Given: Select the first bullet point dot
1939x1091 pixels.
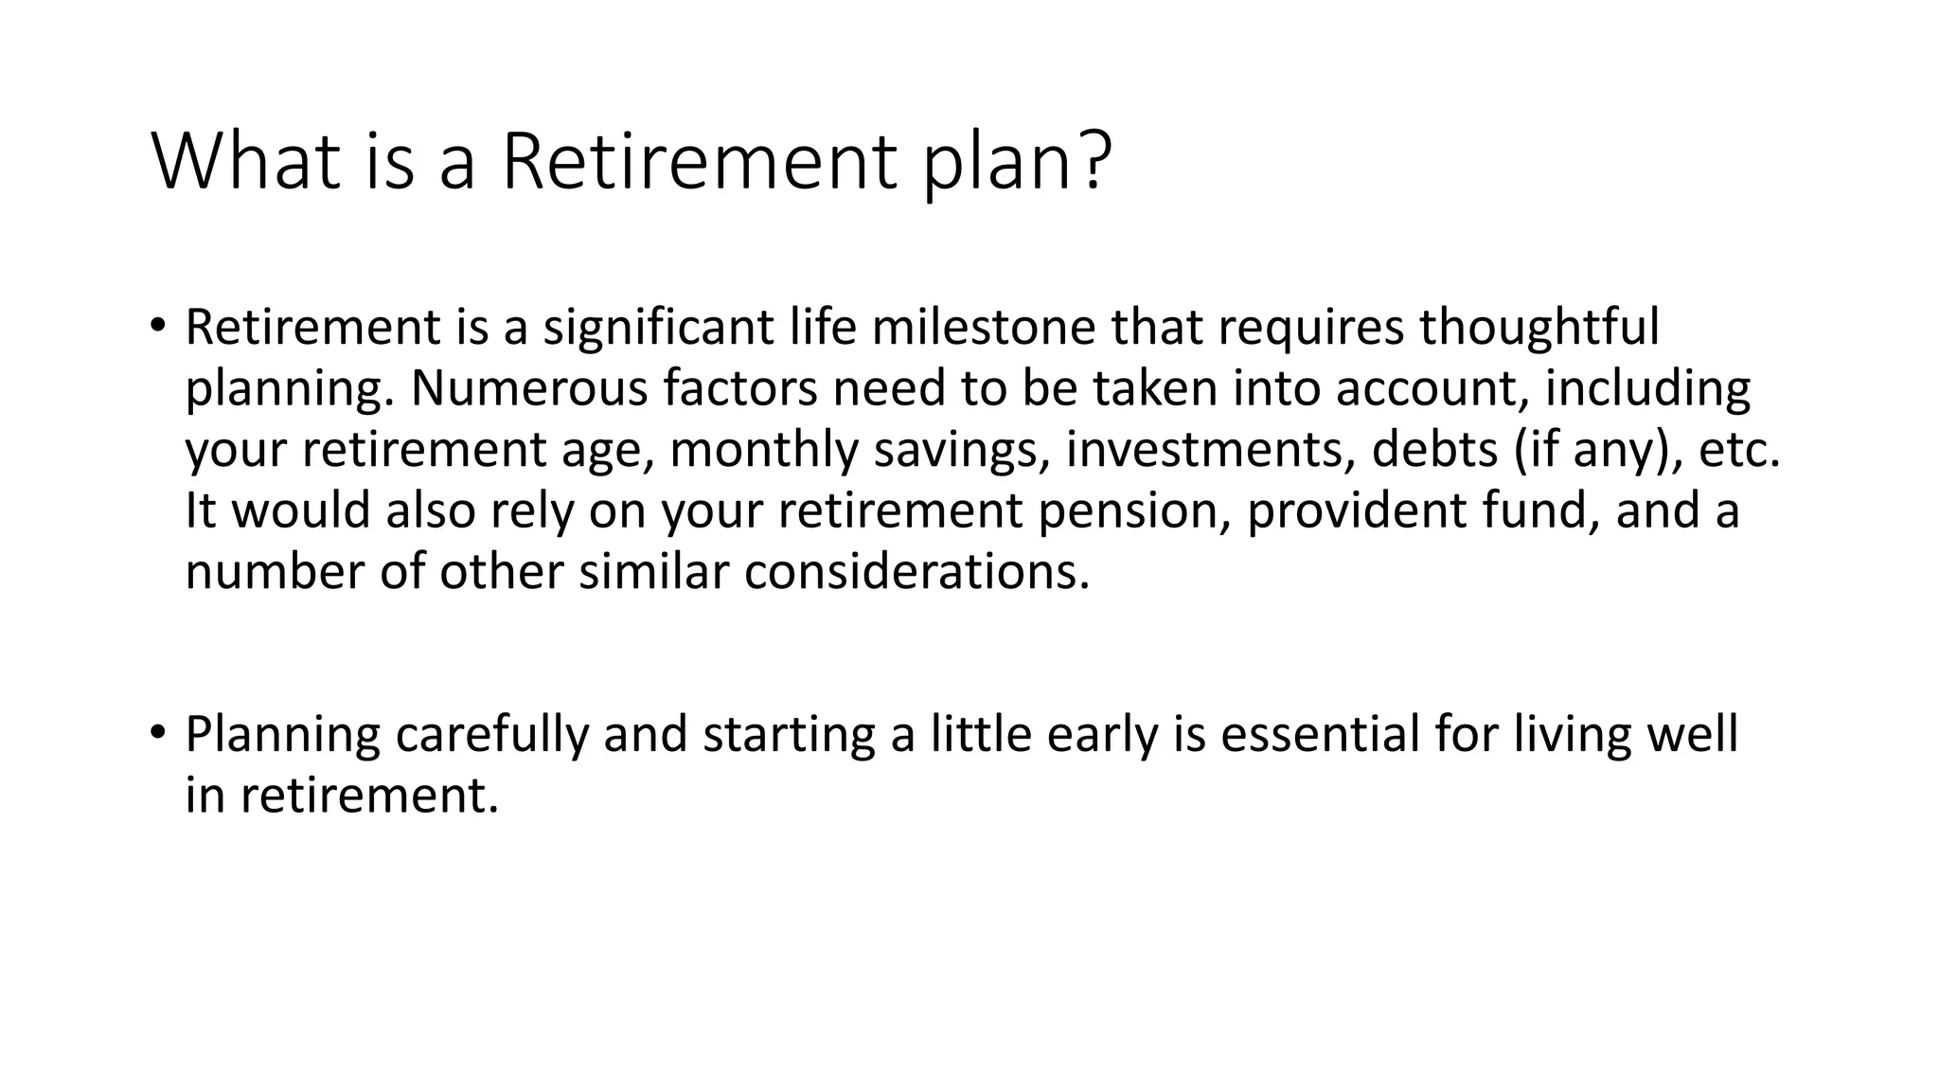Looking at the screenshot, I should click(x=157, y=328).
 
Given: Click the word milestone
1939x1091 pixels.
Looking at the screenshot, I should click(x=982, y=328).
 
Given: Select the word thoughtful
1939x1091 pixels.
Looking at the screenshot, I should click(x=1539, y=328).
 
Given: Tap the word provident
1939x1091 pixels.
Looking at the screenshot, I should click(x=1356, y=511).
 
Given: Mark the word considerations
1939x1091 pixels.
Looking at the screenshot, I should click(x=916, y=572).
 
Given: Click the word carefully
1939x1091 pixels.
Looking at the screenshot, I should click(x=491, y=735).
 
